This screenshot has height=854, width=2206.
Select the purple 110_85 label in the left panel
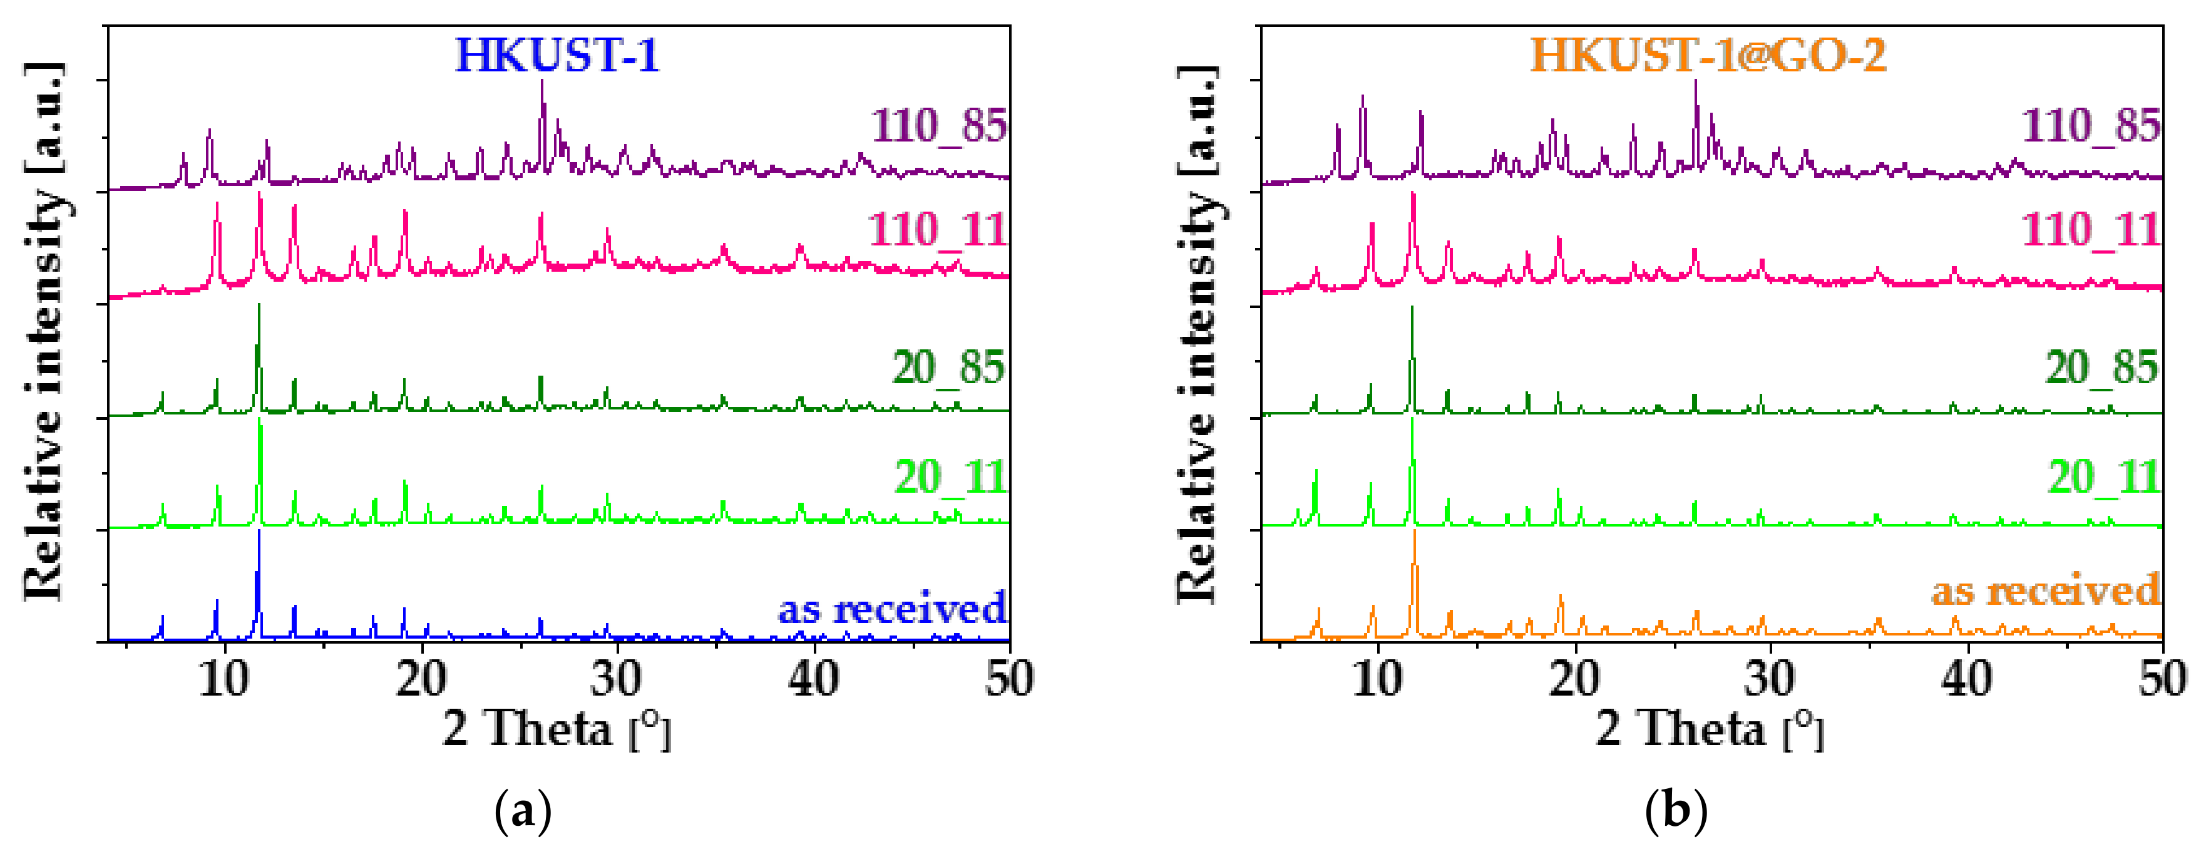[938, 126]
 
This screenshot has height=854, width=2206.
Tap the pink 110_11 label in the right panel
[2090, 230]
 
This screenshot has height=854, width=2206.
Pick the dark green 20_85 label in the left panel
[948, 368]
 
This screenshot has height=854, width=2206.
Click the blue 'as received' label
[891, 609]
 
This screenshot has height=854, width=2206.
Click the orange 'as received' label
[2045, 591]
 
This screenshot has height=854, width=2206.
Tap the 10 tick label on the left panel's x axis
[224, 680]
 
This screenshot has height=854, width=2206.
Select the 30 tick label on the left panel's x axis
[616, 680]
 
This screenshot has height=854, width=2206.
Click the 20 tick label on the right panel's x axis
[1574, 680]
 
